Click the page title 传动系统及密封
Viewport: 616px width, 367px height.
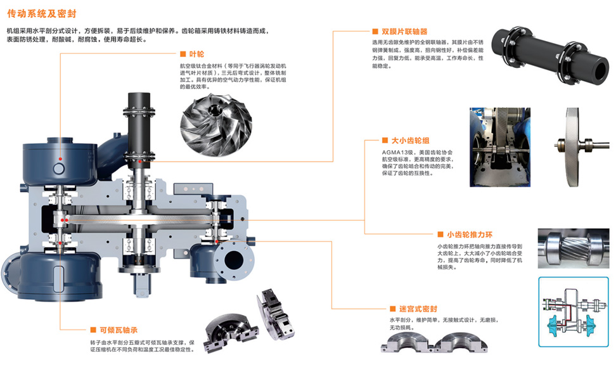coord(42,14)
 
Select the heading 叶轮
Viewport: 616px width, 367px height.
coord(196,55)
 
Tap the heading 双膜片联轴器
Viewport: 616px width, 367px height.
coord(404,32)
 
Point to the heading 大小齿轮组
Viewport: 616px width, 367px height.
coord(410,140)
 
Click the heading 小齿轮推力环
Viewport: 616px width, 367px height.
coord(470,235)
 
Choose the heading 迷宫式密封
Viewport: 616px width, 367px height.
coord(418,309)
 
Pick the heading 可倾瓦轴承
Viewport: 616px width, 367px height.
coord(119,330)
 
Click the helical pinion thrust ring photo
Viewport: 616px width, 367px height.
coord(573,248)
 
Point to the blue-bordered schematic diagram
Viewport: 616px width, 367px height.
coord(573,312)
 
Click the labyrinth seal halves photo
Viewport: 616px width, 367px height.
coord(433,342)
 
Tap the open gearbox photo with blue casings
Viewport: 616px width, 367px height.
coord(500,147)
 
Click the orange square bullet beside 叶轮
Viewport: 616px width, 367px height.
coord(183,54)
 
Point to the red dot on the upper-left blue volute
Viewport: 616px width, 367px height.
coord(60,158)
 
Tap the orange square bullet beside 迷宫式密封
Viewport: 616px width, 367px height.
coord(392,309)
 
